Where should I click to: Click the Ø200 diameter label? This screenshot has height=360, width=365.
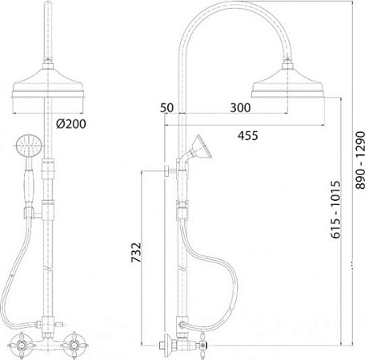click(x=71, y=124)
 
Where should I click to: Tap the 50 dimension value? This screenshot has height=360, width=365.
click(x=166, y=107)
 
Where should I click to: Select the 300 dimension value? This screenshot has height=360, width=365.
click(x=240, y=107)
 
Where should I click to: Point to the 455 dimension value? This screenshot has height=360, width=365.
click(x=248, y=135)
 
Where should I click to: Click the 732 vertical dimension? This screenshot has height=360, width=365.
click(x=136, y=252)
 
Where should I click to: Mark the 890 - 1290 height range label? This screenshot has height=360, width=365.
click(x=360, y=160)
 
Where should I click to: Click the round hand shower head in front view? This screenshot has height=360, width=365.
click(x=29, y=146)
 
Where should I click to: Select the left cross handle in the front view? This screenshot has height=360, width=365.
click(x=22, y=346)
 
